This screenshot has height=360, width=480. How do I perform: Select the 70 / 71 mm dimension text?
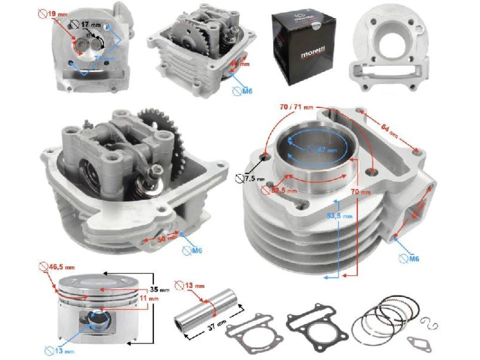[296, 106]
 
